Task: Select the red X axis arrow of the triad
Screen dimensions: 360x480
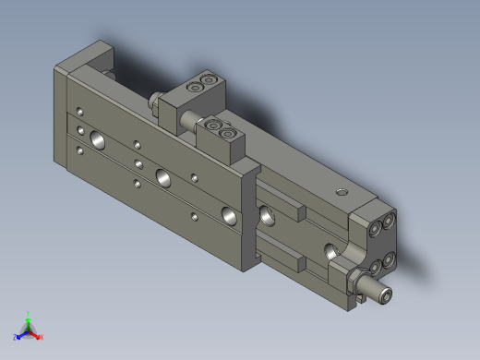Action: pyautogui.click(x=39, y=337)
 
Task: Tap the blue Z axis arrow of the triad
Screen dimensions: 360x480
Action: pyautogui.click(x=18, y=337)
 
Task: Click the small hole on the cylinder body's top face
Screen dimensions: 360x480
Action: pyautogui.click(x=342, y=192)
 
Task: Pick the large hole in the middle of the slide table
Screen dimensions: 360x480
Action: pyautogui.click(x=163, y=176)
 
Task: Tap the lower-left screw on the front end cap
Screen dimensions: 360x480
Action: pyautogui.click(x=376, y=268)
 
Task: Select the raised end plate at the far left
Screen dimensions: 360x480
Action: pyautogui.click(x=82, y=57)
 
